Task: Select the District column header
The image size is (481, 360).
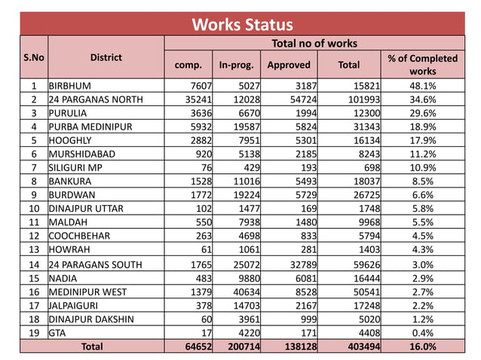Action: click(x=106, y=57)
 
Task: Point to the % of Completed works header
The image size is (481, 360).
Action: click(x=422, y=64)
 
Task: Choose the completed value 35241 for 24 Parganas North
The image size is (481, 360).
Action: click(x=190, y=99)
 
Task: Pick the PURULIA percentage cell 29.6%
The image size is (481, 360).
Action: click(x=422, y=112)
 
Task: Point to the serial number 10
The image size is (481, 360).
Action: click(x=34, y=209)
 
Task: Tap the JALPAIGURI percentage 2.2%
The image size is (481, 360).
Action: click(x=422, y=305)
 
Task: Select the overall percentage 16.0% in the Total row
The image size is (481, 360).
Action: click(x=422, y=346)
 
